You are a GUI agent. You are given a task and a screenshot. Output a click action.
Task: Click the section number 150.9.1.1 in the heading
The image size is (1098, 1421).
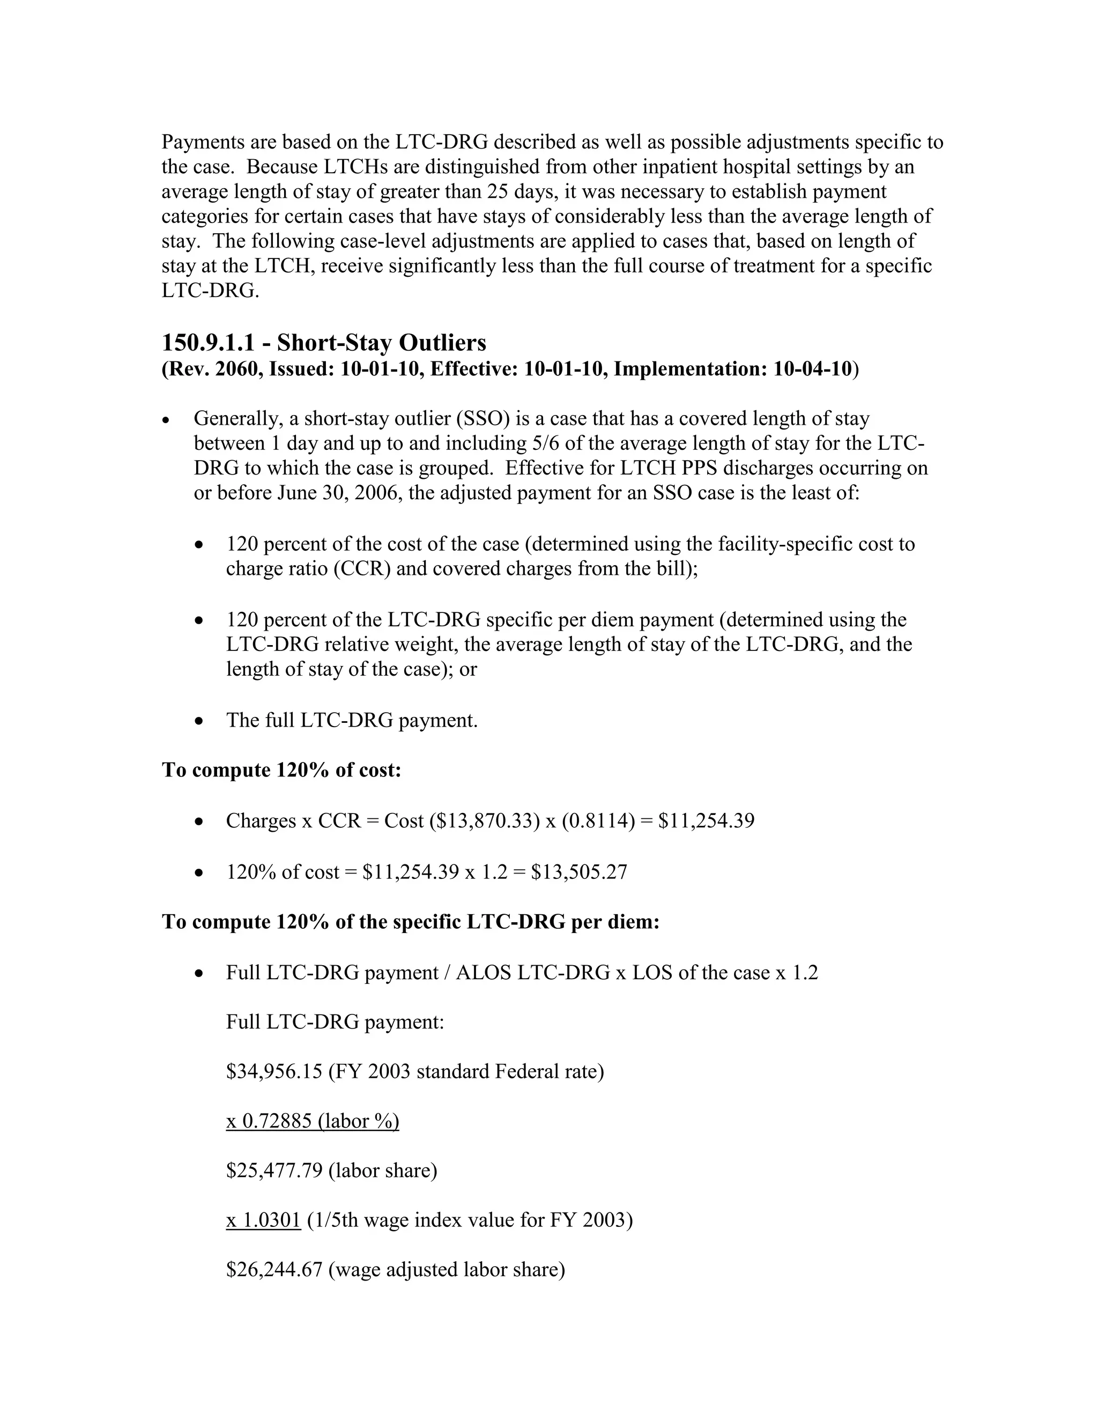[x=207, y=342]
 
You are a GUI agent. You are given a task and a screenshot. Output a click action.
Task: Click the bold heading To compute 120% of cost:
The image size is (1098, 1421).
[x=281, y=771]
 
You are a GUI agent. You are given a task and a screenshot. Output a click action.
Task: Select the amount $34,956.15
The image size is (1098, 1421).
[x=274, y=1071]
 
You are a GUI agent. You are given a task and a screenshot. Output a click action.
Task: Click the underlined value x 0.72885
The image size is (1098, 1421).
[x=269, y=1121]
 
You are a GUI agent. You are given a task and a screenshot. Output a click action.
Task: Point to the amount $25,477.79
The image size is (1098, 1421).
[x=274, y=1171]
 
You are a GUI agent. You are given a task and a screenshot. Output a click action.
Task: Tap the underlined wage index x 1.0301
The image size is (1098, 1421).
[x=263, y=1220]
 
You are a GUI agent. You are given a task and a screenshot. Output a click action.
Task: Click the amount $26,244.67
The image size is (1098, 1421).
[x=274, y=1269]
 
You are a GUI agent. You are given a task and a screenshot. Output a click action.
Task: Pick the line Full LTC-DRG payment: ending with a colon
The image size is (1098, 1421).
[x=335, y=1022]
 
